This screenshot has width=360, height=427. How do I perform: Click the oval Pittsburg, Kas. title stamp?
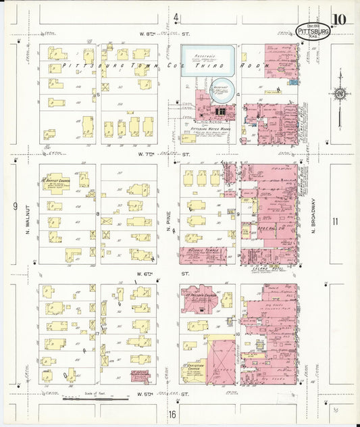point(313,30)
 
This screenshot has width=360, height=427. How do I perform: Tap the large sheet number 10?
point(339,19)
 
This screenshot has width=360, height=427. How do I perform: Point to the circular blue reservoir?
point(223,89)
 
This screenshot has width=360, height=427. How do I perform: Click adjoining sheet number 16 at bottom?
point(173,414)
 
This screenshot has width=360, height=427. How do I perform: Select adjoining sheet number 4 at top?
point(176,17)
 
